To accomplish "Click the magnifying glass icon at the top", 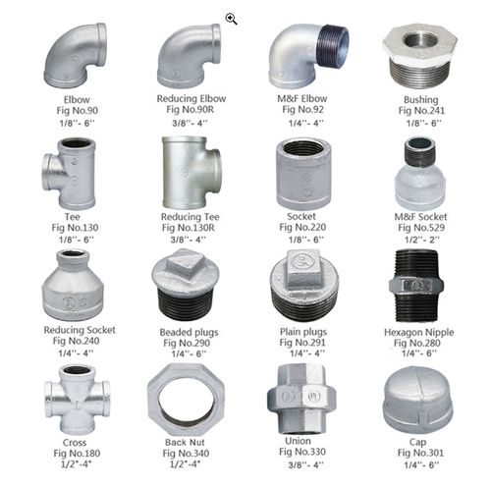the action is tap(231, 19).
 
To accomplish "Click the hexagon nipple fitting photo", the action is tap(416, 286).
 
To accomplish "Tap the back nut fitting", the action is tap(186, 400).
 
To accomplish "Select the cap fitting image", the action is tap(418, 401).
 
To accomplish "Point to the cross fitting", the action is tap(78, 400).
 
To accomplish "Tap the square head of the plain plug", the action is tap(303, 268).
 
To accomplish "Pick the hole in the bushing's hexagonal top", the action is tap(420, 40).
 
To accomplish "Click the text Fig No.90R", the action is tap(190, 109).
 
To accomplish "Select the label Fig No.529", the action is tap(421, 228).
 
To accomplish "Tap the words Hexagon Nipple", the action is tap(418, 332).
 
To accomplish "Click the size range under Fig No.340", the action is tap(185, 464).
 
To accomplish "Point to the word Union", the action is tap(298, 441).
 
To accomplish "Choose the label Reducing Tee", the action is tap(190, 217).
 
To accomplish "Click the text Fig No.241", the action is tap(421, 111).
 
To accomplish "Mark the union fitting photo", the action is tap(301, 400).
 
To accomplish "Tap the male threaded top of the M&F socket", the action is tap(420, 151).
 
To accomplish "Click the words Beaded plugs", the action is tap(189, 332).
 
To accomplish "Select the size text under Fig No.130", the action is tap(77, 240).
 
